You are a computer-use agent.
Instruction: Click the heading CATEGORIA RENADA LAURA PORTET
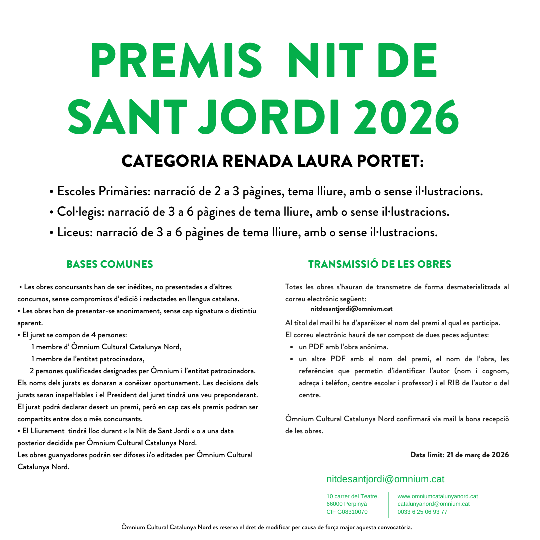273,161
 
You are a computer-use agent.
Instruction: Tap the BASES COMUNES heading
110,264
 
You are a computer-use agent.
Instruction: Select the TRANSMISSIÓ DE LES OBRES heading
380,264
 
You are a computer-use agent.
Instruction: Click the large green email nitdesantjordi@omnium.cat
385,479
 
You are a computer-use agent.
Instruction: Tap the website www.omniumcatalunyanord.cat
438,496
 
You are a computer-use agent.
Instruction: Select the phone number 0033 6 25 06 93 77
422,512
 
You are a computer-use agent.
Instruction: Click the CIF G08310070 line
347,512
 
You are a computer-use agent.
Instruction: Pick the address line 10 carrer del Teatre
352,496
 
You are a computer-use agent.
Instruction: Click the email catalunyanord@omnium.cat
433,504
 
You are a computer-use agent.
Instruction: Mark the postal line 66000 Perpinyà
347,504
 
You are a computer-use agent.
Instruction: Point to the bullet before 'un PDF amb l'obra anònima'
291,347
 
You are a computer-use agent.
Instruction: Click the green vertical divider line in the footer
388,504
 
